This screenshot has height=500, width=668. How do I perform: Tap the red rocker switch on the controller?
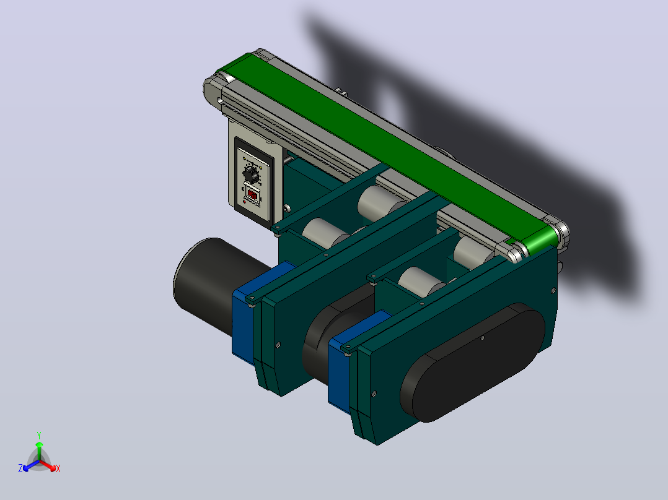click(x=253, y=196)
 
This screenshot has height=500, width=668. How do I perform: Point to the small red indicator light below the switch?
click(x=244, y=202)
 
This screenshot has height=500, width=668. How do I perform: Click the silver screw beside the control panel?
click(x=287, y=209)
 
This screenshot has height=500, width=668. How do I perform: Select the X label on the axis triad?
click(x=58, y=468)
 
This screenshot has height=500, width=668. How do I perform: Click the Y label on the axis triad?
click(x=39, y=435)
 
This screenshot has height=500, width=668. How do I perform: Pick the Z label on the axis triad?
click(x=20, y=468)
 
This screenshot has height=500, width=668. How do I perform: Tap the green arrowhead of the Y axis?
click(x=39, y=444)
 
